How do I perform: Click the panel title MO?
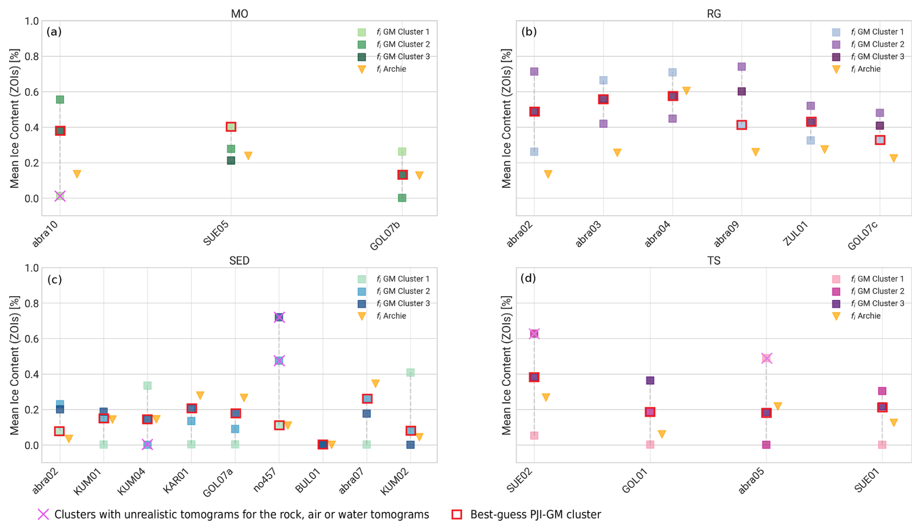(x=239, y=14)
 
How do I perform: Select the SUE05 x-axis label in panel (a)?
(x=216, y=233)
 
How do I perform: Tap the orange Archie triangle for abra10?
(x=77, y=174)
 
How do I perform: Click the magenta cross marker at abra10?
(x=60, y=196)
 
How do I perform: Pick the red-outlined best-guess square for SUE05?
(x=231, y=127)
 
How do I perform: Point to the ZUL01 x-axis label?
(x=796, y=233)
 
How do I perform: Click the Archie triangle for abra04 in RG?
(x=686, y=91)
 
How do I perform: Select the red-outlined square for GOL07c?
(x=880, y=140)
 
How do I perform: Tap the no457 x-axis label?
(x=265, y=480)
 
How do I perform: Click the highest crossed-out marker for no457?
(x=279, y=317)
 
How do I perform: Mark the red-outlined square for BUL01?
(x=323, y=444)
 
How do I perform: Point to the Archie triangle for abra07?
(x=375, y=384)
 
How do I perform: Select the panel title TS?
(x=714, y=261)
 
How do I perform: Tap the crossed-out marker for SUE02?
(x=534, y=334)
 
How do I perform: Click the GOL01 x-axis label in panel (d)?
(x=636, y=480)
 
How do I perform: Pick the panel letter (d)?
(x=528, y=278)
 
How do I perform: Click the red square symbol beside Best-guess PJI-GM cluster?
(x=457, y=514)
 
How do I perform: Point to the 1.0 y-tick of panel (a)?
(x=32, y=21)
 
